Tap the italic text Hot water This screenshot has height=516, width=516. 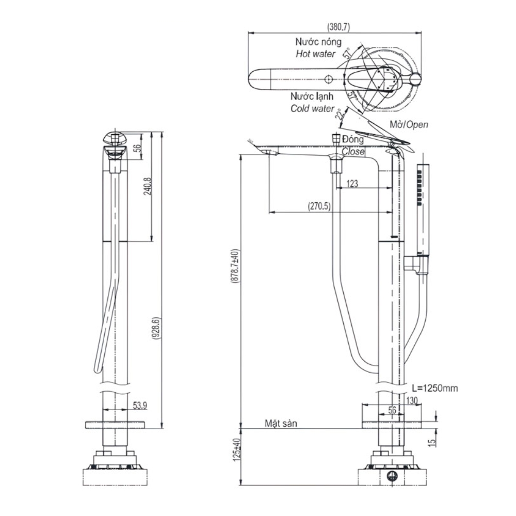pos(315,54)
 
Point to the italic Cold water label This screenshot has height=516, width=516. pos(312,108)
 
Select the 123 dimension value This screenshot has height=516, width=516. pos(353,183)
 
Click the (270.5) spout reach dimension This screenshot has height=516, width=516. pos(320,206)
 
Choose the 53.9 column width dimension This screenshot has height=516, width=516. pos(139,406)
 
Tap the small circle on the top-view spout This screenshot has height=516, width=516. pos(328,79)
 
